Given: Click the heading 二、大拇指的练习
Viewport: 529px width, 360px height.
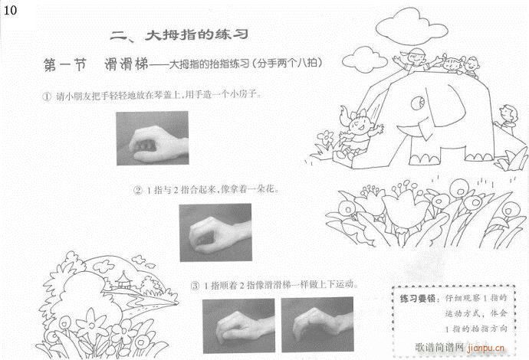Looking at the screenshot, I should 181,35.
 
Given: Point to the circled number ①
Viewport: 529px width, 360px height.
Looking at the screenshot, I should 47,96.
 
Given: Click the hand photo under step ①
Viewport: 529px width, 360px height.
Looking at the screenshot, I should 150,138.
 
